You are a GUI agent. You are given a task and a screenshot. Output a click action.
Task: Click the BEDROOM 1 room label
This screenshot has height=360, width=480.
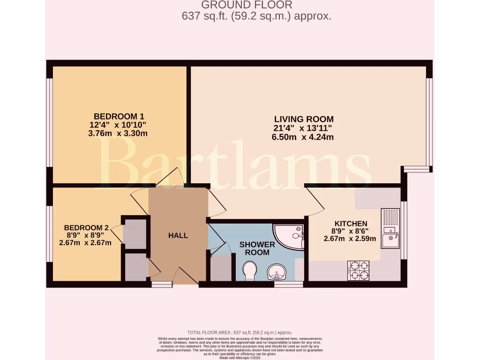[x=119, y=116]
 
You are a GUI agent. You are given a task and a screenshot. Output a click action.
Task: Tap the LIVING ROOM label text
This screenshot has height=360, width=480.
[x=304, y=119]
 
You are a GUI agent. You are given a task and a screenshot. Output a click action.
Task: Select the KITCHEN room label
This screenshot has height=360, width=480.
[x=351, y=224]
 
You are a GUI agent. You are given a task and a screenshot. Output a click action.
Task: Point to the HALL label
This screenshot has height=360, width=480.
[x=178, y=235]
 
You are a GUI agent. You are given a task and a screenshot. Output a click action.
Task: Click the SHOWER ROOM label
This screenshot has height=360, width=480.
[x=257, y=248]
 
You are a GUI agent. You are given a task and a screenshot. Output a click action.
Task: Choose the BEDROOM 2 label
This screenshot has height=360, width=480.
[x=86, y=228]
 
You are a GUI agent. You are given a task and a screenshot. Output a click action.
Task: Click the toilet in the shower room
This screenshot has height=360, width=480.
[x=250, y=270]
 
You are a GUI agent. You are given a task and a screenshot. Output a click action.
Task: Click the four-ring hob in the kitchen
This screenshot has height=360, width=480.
[x=358, y=270]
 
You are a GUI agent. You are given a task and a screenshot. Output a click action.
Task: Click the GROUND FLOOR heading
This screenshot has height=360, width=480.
[x=247, y=5]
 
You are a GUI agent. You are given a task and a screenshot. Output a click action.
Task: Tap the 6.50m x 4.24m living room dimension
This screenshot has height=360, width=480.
[x=303, y=137]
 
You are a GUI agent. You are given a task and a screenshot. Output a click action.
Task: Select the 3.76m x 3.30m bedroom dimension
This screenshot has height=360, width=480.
[x=119, y=133]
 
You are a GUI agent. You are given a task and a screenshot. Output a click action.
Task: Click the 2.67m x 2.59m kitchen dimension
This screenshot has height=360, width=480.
[x=350, y=239]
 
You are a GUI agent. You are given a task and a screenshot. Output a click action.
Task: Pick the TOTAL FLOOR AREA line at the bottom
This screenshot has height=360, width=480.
[x=240, y=332]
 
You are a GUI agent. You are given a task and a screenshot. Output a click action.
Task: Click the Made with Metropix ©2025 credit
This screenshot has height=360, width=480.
[x=240, y=358]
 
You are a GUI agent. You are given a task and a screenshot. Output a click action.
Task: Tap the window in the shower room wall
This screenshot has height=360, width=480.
[x=288, y=284]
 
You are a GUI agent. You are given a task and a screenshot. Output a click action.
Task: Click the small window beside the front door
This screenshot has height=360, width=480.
[x=162, y=284]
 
